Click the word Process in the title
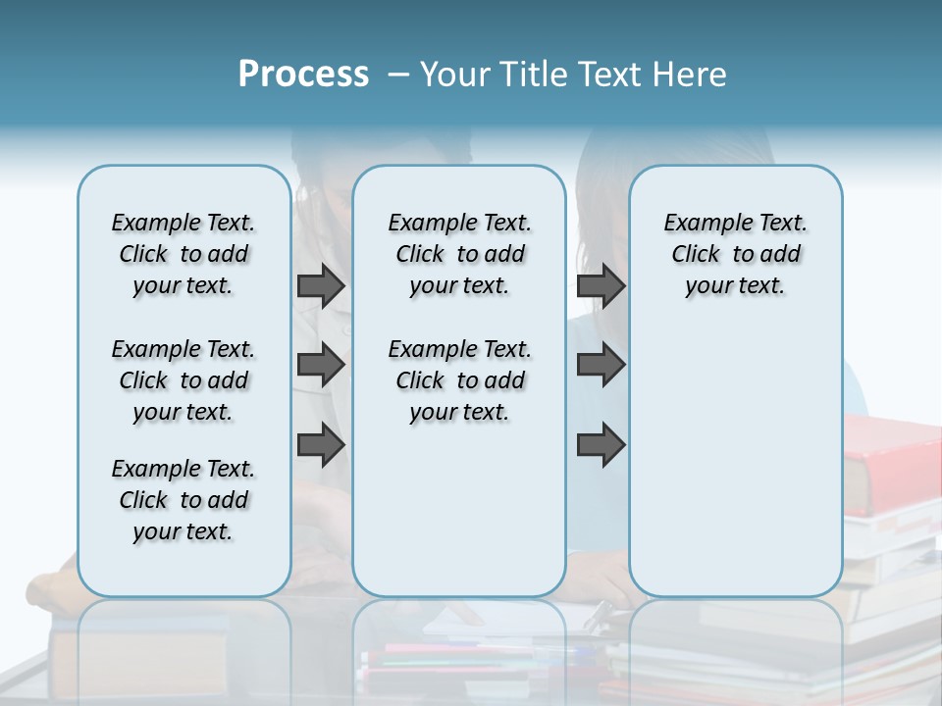303,75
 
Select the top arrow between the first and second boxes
321,286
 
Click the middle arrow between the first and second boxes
321,366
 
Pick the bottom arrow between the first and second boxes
321,446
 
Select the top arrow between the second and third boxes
602,286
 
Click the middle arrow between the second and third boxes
602,366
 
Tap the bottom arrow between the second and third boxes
602,446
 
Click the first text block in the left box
183,254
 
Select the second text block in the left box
183,380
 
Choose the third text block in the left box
183,500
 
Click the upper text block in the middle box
460,254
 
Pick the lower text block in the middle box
460,380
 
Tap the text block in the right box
736,254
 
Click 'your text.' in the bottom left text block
183,531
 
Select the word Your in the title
452,75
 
